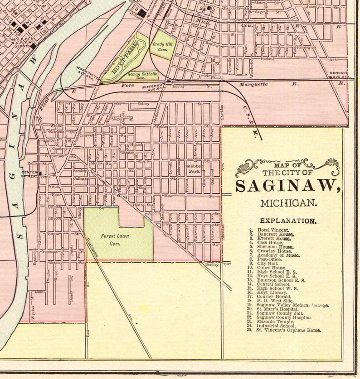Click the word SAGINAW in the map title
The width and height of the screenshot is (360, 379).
tap(287, 186)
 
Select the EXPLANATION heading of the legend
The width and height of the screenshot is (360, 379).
tap(288, 221)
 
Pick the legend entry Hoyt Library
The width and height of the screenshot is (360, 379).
tap(272, 293)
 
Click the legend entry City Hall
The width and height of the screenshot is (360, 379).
tap(267, 263)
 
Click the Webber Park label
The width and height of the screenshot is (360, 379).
tap(194, 169)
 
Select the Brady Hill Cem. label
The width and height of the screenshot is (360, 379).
tap(162, 47)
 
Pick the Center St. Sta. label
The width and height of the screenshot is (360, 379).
tap(30, 174)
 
